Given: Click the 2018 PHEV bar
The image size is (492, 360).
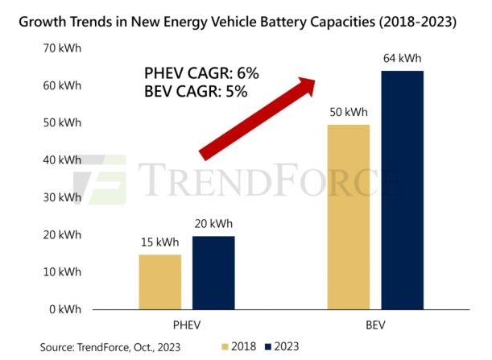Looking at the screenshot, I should [160, 281].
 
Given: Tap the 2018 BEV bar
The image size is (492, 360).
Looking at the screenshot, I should [348, 217].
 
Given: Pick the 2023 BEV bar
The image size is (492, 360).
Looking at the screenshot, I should [402, 190].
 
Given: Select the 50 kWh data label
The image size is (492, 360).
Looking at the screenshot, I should [348, 112].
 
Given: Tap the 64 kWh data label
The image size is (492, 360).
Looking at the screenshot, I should [402, 59].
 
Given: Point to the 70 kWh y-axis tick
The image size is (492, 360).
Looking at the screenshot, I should [64, 48].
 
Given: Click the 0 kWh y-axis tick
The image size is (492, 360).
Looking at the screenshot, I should [67, 309].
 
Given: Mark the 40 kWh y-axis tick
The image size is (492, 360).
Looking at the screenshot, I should [64, 160].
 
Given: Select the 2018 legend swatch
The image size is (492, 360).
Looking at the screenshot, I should [226, 346].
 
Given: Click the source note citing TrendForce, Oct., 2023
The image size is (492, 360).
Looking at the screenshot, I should [110, 346].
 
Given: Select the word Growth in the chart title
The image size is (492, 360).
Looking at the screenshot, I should [35, 23].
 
